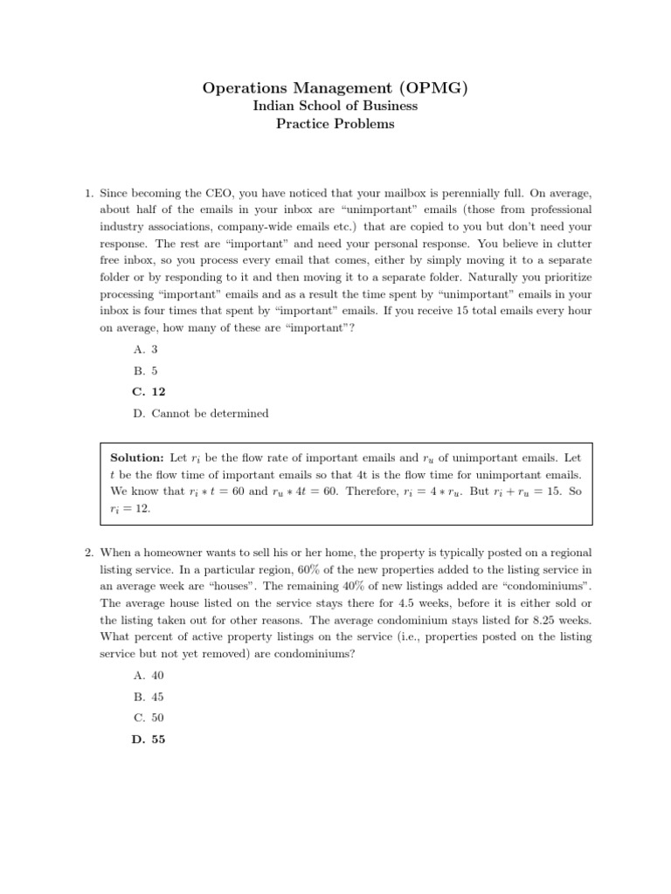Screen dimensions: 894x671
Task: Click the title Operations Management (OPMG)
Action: click(x=335, y=87)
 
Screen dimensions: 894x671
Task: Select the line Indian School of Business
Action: click(x=335, y=106)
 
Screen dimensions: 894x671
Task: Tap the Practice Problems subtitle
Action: click(x=335, y=124)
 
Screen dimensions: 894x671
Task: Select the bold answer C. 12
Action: click(x=149, y=392)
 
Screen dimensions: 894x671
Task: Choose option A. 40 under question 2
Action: click(x=149, y=676)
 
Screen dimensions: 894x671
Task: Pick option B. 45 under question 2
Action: click(x=149, y=697)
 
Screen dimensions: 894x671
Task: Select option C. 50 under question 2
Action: click(x=149, y=718)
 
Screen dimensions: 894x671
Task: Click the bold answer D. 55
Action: click(x=149, y=739)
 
